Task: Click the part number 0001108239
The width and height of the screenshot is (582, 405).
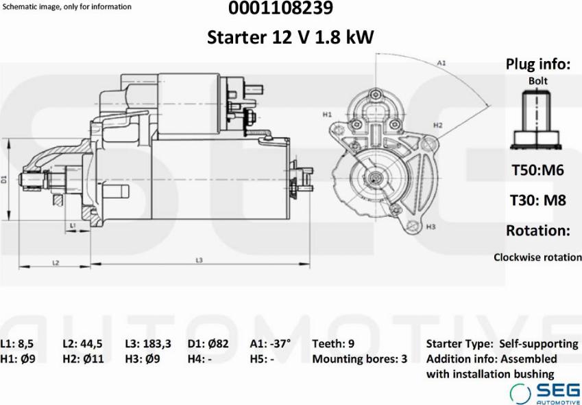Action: pos(280,8)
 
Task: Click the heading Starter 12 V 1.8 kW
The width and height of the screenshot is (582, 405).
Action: pos(290,37)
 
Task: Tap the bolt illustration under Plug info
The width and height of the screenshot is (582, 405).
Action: pos(536,120)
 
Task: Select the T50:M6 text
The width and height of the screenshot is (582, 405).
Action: pos(538,170)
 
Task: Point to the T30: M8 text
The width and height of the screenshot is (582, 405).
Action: pos(538,200)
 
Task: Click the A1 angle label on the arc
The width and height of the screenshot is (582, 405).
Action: pos(441,63)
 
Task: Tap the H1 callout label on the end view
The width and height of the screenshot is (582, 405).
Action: pos(327,115)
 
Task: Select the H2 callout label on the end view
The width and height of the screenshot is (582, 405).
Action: pos(438,125)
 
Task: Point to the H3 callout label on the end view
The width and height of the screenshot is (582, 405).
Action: pos(431,227)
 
